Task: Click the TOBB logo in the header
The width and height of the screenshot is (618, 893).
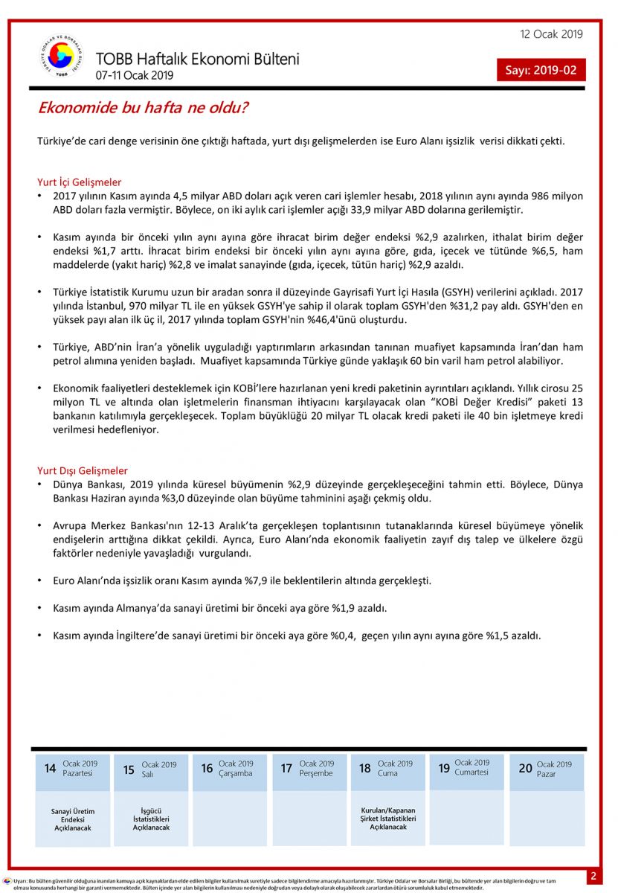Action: tap(62, 57)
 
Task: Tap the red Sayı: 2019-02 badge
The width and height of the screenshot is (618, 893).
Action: tap(541, 71)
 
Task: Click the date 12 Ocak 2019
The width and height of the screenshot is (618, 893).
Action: tap(551, 34)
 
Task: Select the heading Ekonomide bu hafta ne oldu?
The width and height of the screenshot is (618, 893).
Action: tap(143, 108)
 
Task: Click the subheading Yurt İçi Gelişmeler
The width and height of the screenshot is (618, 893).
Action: tap(79, 182)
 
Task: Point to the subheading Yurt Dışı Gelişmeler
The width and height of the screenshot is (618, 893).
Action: tap(82, 470)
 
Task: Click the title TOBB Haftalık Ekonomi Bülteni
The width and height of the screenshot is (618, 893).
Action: tap(197, 60)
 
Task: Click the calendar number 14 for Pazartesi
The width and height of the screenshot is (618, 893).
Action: tap(50, 768)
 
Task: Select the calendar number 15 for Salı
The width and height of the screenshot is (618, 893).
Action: tap(129, 769)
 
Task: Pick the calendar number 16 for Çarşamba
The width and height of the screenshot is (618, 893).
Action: tap(207, 768)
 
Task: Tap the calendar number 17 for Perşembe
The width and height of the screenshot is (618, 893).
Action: tap(286, 768)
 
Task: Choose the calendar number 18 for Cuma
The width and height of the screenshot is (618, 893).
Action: tap(364, 768)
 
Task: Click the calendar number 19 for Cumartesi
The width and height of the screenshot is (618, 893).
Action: tap(444, 768)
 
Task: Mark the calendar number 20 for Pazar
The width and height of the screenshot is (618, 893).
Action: tap(526, 768)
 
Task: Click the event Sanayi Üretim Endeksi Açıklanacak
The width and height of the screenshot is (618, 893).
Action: tap(72, 819)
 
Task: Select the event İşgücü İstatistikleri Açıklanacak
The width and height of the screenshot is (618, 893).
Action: tap(151, 819)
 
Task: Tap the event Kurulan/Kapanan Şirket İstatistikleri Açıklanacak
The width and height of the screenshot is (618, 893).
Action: tap(387, 818)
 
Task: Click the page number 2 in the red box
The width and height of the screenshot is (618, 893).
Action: tap(593, 876)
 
